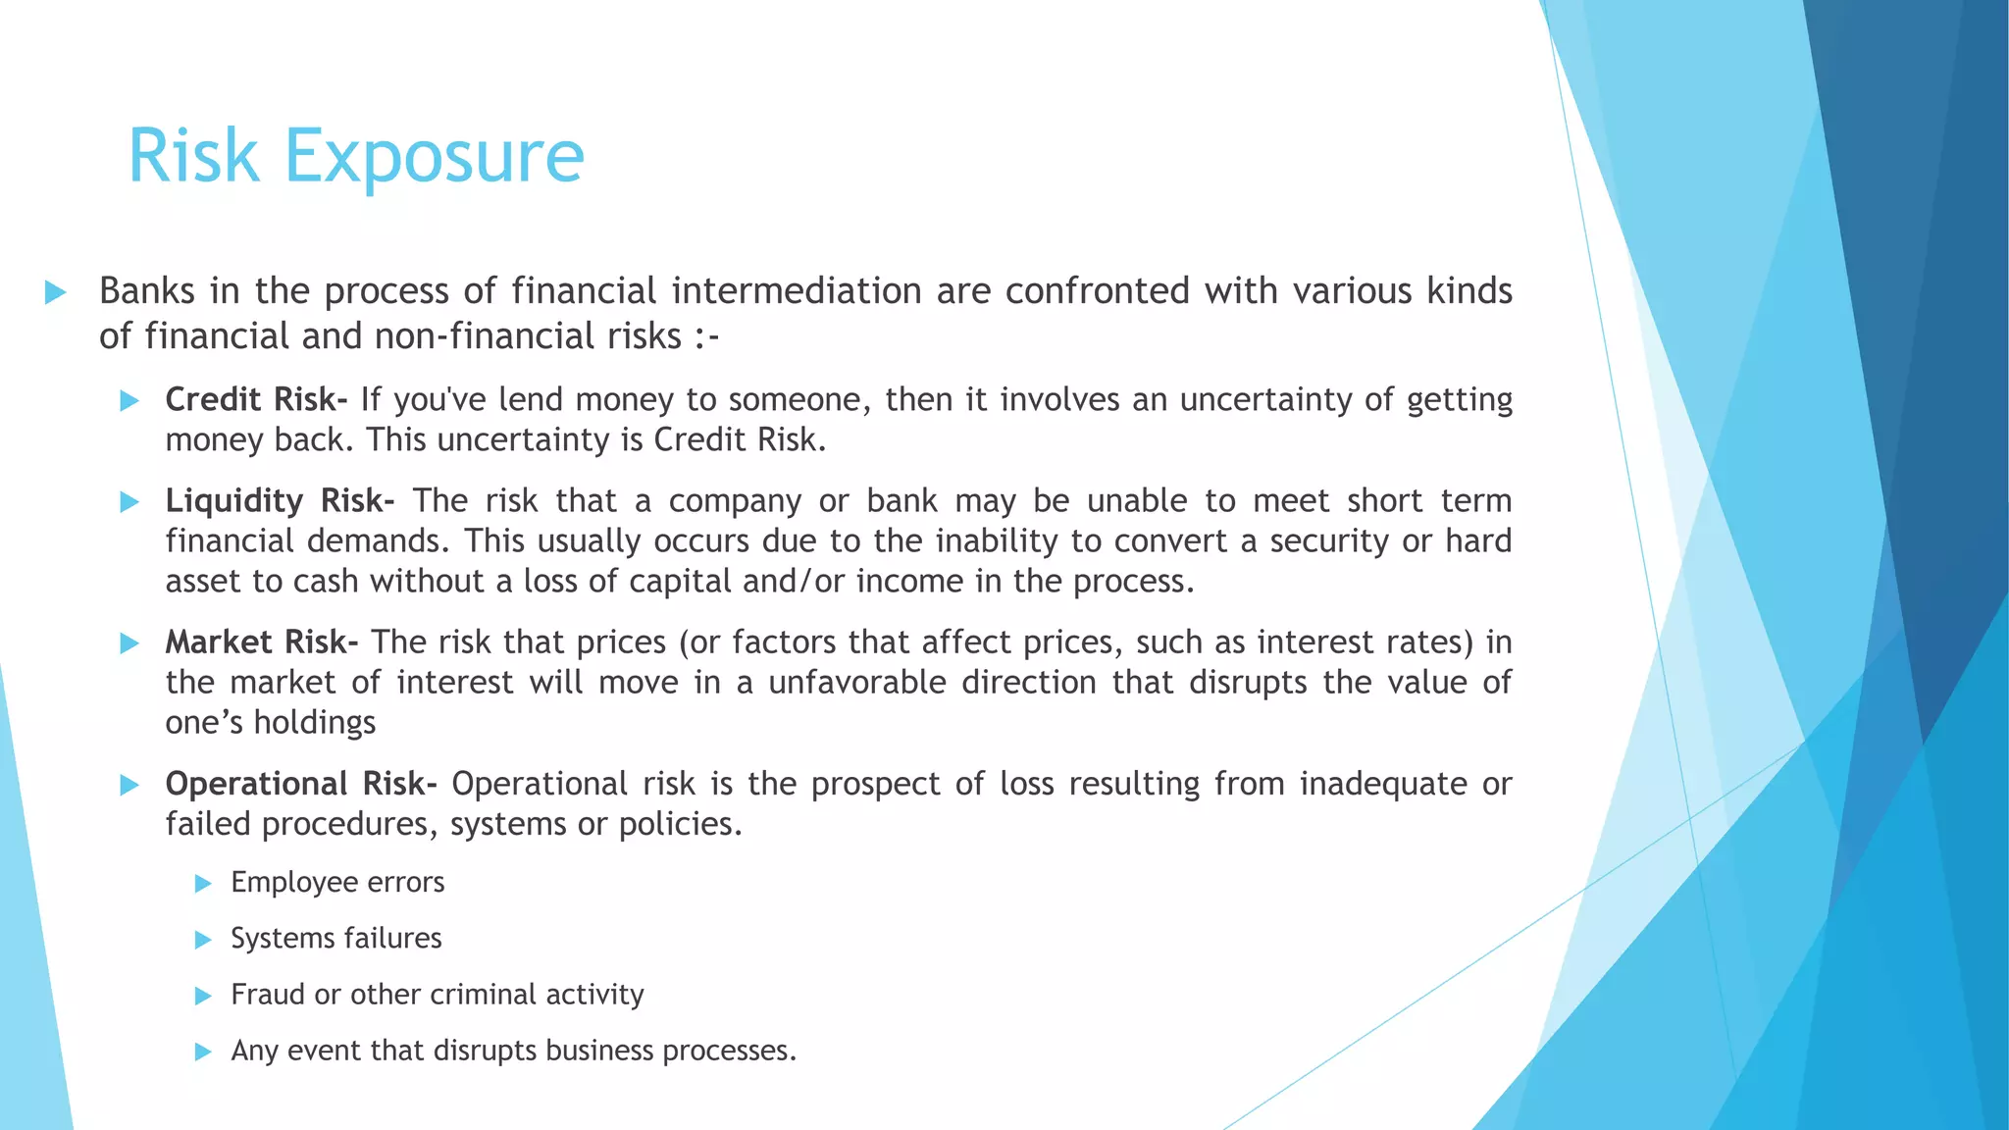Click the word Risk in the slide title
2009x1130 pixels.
click(x=193, y=157)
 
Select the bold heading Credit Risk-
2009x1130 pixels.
click(x=256, y=400)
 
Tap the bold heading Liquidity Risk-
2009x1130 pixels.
click(x=280, y=501)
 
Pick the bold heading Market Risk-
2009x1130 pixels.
click(x=261, y=642)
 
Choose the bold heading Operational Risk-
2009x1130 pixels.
click(x=301, y=784)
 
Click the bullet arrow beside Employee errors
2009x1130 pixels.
click(x=204, y=884)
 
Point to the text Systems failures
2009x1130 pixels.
click(x=335, y=939)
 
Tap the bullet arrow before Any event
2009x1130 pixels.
click(x=204, y=1053)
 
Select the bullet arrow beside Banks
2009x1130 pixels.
click(x=56, y=292)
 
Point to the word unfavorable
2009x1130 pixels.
click(x=856, y=683)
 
